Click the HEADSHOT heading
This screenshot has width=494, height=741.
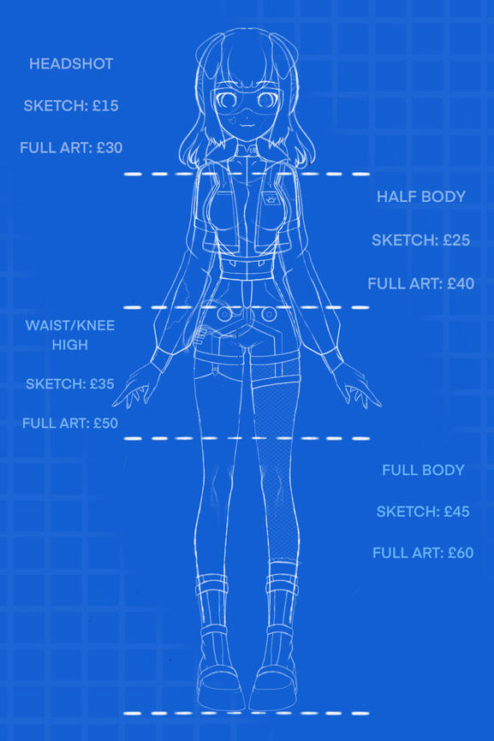(x=71, y=64)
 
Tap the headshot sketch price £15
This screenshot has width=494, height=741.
(x=105, y=105)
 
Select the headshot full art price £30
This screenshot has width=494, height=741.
(x=110, y=148)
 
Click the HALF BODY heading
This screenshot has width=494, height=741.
(x=421, y=197)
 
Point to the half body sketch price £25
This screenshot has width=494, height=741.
(x=456, y=240)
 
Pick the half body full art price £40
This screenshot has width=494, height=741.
(x=461, y=283)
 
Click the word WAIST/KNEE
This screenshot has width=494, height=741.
(x=70, y=326)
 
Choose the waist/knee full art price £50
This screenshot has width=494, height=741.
(x=105, y=423)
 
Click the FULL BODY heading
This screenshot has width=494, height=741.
(x=423, y=471)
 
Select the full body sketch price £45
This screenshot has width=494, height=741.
(x=456, y=512)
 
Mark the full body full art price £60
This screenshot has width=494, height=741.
(x=461, y=553)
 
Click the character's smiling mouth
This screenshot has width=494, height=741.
(x=246, y=125)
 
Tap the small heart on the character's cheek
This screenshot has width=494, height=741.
(x=232, y=120)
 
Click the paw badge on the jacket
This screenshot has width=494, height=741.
(x=271, y=199)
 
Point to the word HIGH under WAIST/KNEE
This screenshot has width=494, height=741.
(x=70, y=345)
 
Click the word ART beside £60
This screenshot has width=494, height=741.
(x=428, y=553)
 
